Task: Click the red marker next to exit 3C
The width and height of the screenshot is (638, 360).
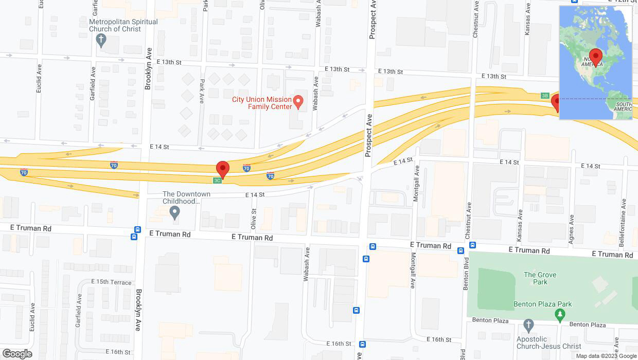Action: [x=222, y=169]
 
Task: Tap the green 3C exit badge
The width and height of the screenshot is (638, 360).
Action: [x=218, y=181]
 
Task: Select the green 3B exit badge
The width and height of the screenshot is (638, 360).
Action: [x=545, y=96]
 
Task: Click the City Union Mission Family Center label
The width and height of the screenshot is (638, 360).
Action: [x=262, y=103]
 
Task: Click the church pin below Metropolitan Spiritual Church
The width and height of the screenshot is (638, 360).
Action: [x=101, y=41]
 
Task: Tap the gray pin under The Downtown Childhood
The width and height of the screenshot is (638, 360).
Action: [x=175, y=212]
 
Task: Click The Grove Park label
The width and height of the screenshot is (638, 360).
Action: [x=540, y=278]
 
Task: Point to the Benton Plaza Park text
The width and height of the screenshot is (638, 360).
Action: [x=542, y=304]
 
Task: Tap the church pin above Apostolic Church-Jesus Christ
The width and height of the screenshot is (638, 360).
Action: [x=527, y=325]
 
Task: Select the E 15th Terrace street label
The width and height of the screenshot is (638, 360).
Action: [x=111, y=282]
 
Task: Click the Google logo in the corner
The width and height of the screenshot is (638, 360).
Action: [x=17, y=353]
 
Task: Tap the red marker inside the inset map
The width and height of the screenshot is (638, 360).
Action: [x=596, y=56]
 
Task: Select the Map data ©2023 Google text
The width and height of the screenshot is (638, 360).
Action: [x=606, y=356]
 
